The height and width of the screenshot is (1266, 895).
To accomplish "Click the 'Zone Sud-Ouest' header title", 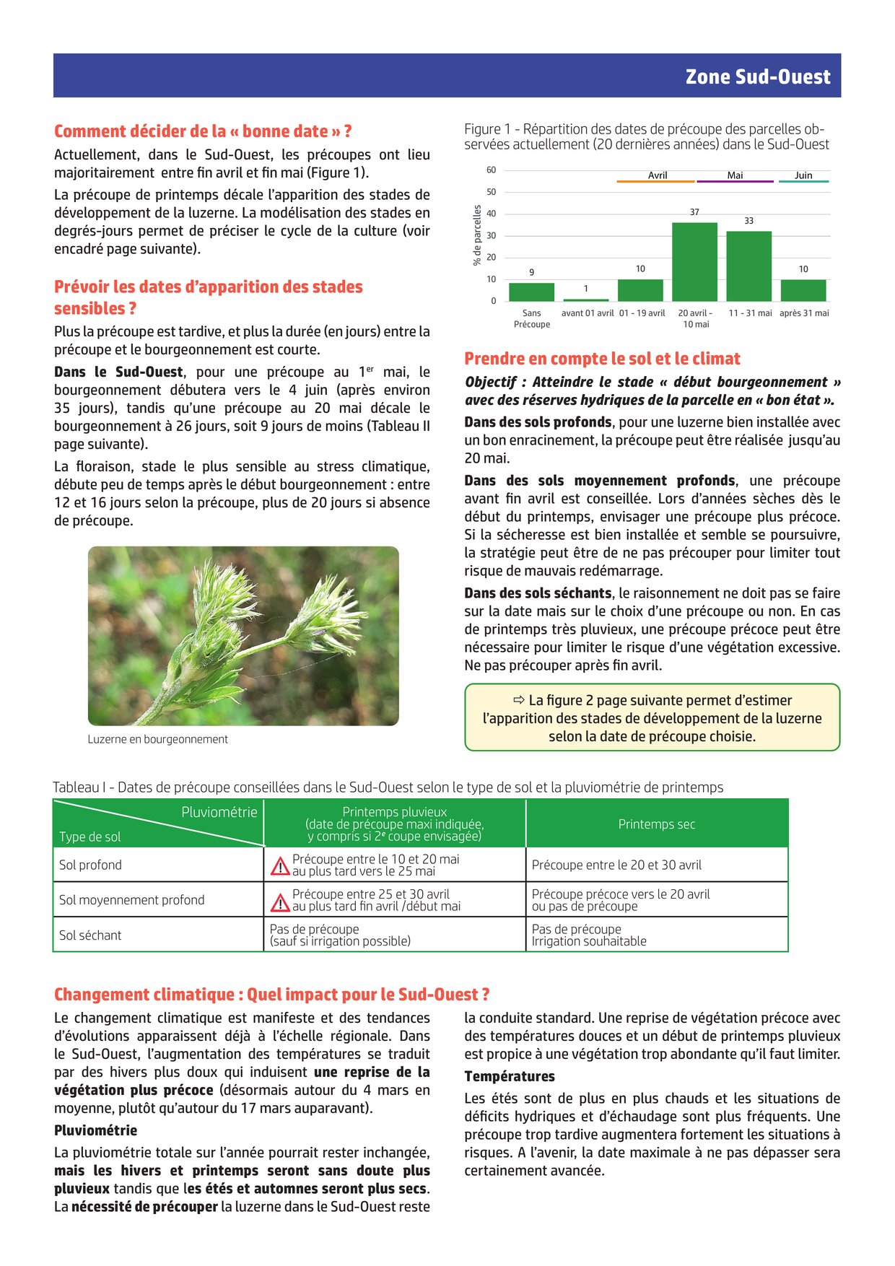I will click(757, 77).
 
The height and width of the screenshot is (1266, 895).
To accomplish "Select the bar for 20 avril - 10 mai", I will click(694, 261).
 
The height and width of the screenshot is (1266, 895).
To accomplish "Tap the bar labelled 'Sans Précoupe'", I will click(531, 292).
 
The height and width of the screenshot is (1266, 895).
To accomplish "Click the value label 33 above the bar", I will click(748, 221).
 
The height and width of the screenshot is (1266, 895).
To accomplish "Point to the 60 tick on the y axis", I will click(491, 170).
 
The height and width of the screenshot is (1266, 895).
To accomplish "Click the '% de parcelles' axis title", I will click(477, 235).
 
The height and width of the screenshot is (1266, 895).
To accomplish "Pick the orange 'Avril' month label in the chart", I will click(657, 175).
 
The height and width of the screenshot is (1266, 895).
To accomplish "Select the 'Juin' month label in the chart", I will click(803, 175).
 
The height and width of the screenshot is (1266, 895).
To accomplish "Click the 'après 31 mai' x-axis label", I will click(804, 313).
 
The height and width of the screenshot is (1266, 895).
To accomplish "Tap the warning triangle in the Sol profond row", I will click(279, 866).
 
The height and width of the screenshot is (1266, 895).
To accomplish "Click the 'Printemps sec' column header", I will click(656, 824).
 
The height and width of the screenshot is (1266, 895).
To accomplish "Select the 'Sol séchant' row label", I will click(90, 935).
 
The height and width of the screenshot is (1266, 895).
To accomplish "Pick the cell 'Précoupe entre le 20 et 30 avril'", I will click(616, 865).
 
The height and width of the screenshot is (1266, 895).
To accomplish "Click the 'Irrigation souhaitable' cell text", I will click(589, 941).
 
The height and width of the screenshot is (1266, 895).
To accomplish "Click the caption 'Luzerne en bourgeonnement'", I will click(157, 739).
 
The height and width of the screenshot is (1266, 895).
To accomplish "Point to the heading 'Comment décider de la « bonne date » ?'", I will click(203, 131).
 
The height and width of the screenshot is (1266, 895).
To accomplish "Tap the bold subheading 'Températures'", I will click(510, 1076).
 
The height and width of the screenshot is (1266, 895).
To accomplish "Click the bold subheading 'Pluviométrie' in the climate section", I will click(95, 1130).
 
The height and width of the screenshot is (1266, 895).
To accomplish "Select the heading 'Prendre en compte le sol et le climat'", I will click(602, 359).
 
